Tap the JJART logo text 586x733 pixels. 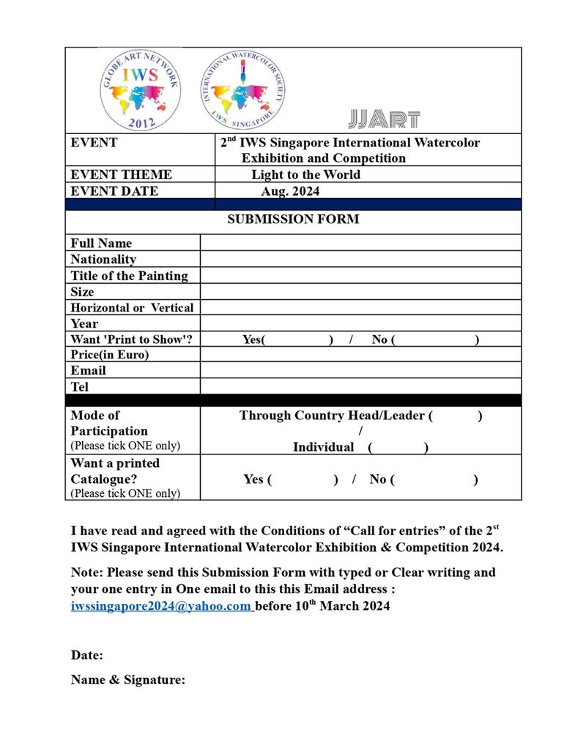tap(385, 119)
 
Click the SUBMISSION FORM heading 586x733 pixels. tap(293, 219)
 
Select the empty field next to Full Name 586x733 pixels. tap(360, 243)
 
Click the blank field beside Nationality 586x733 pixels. tap(360, 259)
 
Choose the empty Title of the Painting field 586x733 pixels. tap(360, 276)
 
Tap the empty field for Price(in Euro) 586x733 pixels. tap(360, 355)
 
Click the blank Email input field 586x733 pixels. tap(360, 370)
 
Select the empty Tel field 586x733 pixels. tap(360, 386)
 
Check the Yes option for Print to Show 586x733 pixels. tap(297, 339)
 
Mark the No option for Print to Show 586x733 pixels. tap(436, 339)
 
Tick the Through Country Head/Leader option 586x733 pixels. tap(455, 416)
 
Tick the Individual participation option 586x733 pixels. tap(398, 447)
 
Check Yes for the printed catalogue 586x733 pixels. tap(303, 479)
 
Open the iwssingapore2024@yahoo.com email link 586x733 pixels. tap(161, 606)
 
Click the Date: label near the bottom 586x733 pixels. tap(87, 655)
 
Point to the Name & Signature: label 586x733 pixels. tap(128, 680)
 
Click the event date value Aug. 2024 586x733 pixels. tap(290, 191)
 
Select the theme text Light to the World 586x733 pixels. tap(305, 174)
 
